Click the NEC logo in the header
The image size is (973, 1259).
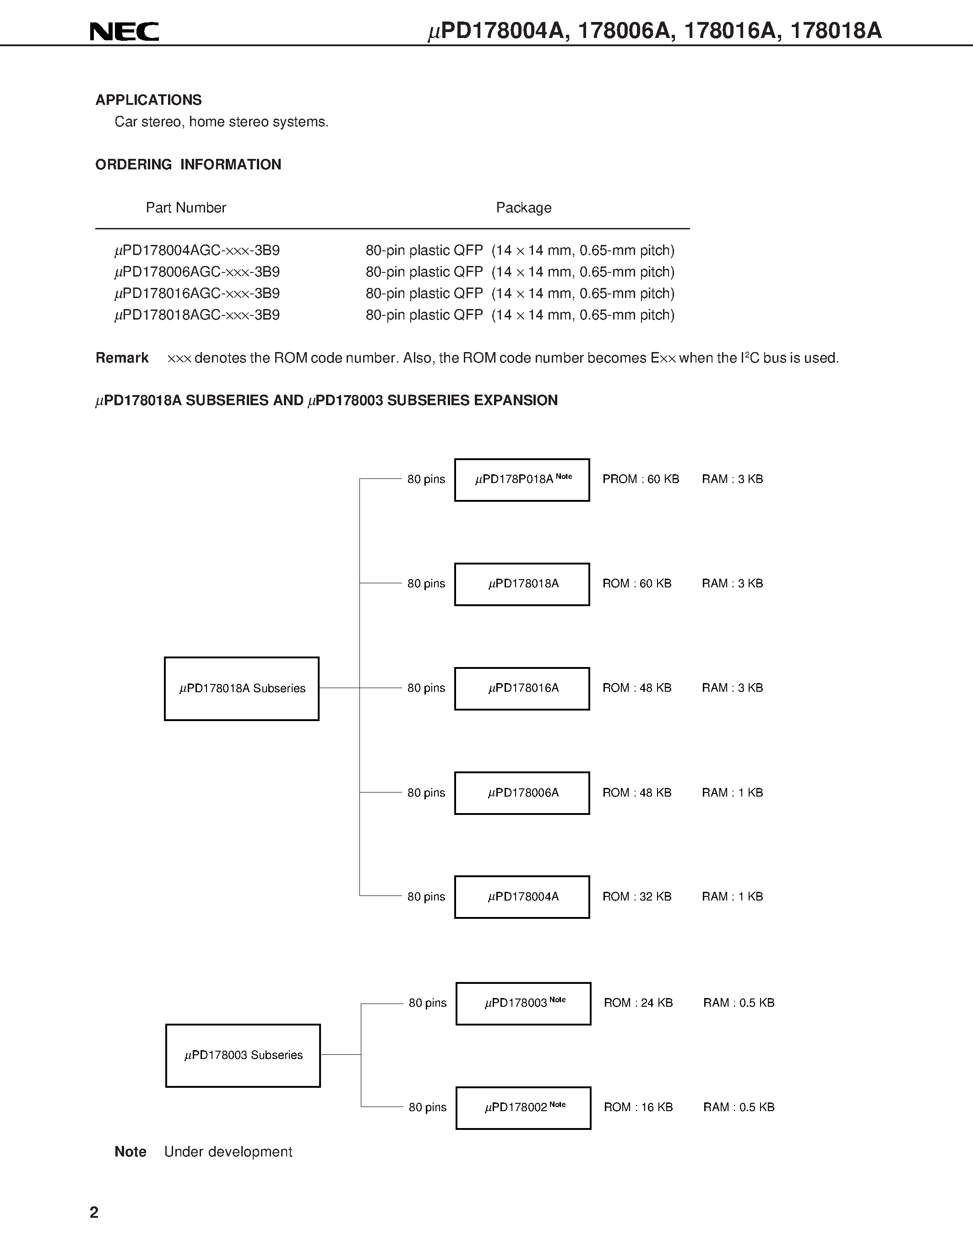click(124, 31)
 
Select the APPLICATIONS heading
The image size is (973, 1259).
click(148, 100)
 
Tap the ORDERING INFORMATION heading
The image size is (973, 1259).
click(188, 164)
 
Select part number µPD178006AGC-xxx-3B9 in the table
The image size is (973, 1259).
click(197, 271)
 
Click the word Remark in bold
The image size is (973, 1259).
click(122, 358)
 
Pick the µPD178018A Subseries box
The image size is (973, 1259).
click(241, 688)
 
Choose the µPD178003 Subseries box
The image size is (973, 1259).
click(243, 1055)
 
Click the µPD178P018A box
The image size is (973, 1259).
click(522, 480)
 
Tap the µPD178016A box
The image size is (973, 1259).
click(522, 688)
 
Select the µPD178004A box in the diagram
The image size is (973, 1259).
click(522, 896)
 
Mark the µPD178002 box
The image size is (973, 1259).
click(523, 1107)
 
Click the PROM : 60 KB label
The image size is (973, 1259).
click(641, 479)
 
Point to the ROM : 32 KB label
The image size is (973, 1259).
click(636, 896)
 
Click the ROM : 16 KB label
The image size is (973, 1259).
click(638, 1107)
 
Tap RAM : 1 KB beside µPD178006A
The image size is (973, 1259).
click(732, 792)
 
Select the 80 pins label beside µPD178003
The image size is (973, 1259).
click(427, 1003)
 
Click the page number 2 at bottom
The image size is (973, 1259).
click(94, 1212)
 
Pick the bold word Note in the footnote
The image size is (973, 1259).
click(130, 1152)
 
